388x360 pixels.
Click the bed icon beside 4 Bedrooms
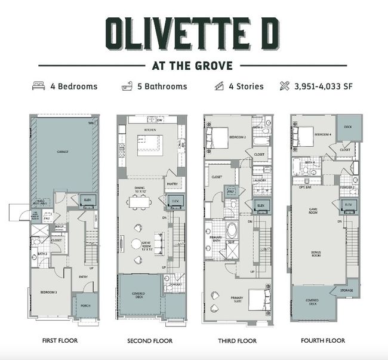pos(39,86)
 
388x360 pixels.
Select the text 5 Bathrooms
pos(161,86)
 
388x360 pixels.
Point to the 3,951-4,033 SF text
pos(324,86)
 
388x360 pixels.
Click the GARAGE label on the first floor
pos(62,152)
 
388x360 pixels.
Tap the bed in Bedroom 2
pos(215,138)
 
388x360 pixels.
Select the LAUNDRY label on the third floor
pos(259,180)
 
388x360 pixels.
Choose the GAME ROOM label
pos(312,210)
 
